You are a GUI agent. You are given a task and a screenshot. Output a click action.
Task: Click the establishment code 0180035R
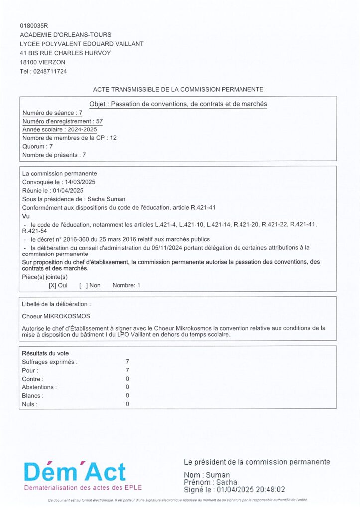[34, 25]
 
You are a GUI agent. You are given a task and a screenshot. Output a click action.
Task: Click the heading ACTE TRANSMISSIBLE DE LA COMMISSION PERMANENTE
[178, 89]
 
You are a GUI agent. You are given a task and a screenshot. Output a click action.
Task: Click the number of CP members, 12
[113, 138]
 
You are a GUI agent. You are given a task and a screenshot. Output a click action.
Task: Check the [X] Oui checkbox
[52, 285]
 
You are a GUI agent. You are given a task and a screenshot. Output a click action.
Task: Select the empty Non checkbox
[83, 285]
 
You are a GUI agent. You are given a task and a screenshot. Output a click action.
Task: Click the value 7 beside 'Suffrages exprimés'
[128, 362]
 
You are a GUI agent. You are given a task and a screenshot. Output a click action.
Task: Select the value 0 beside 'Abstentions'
[128, 387]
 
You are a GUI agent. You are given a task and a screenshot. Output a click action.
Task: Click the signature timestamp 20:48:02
[270, 490]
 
